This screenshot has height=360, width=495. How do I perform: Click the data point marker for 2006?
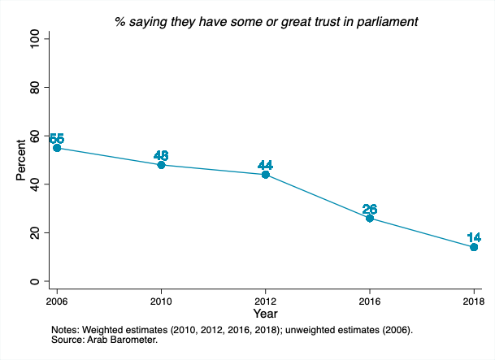57,148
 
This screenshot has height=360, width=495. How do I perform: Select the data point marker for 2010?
161,165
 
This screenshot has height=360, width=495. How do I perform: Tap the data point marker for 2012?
265,175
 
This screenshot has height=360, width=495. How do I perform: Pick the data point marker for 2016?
370,218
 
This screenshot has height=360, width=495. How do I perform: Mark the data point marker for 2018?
474,247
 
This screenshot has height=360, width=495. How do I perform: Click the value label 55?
57,139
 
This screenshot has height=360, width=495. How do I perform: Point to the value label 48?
161,156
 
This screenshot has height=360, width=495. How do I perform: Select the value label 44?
265,166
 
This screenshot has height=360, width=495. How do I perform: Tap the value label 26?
370,209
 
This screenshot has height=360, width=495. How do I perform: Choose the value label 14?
474,238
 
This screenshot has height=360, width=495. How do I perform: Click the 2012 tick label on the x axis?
265,300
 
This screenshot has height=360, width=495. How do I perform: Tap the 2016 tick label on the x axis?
370,300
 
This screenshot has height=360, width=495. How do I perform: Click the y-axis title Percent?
20,160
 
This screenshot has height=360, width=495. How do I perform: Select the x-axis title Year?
265,313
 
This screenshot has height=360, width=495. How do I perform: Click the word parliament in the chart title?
388,21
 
